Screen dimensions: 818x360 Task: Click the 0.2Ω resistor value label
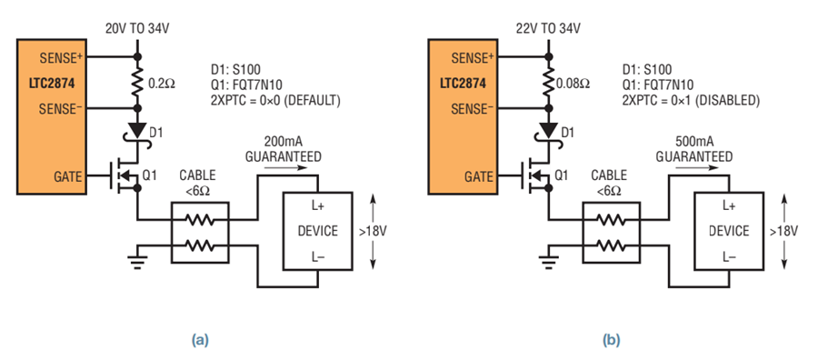point(161,84)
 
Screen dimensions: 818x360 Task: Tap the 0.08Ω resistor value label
point(573,84)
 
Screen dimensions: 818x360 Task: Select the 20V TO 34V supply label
point(139,29)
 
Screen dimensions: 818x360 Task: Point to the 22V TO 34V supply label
point(548,29)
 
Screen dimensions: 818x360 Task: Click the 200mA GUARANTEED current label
point(284,149)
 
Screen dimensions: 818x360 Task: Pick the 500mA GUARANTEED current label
point(694,149)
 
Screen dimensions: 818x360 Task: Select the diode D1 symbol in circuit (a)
point(138,131)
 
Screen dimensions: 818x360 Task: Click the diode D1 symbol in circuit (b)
point(549,131)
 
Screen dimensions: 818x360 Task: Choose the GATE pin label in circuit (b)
point(477,177)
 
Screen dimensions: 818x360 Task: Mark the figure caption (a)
point(200,341)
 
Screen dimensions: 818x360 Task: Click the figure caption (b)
point(612,341)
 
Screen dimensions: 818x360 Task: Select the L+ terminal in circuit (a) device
point(318,207)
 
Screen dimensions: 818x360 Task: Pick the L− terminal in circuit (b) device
point(729,256)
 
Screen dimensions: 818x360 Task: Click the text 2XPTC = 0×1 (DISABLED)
point(692,101)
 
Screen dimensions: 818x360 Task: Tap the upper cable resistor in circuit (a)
point(200,220)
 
